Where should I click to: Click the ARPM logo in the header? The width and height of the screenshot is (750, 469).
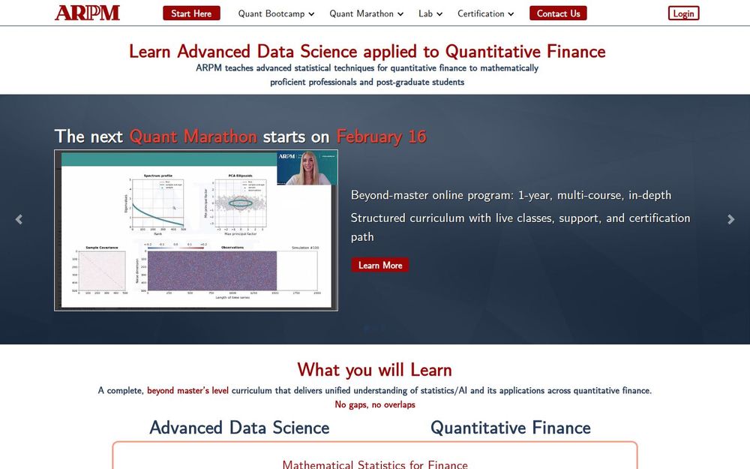coord(87,13)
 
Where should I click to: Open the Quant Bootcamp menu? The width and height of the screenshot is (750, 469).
coord(276,14)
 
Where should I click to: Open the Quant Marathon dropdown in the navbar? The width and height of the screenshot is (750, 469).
coord(366,14)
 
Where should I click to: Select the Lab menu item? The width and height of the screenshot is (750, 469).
coord(430,14)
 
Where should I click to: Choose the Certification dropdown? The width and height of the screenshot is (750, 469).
coord(486,14)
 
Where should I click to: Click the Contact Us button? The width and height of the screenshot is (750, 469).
coord(558,14)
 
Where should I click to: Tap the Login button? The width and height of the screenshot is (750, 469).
coord(683,14)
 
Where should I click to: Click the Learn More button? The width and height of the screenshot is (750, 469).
coord(380,265)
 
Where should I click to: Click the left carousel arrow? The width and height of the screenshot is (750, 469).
coord(19,219)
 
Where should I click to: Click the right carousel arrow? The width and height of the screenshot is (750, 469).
coord(731,219)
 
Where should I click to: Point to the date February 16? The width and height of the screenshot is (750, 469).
coord(381,137)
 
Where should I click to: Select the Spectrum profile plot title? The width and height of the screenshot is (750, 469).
coord(157,176)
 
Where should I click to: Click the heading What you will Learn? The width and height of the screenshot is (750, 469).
coord(374,369)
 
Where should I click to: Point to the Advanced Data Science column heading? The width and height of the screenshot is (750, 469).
coord(239,428)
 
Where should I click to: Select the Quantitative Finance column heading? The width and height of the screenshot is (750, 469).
coord(510,428)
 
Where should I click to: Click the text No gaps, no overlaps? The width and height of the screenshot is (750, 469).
coord(374,404)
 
